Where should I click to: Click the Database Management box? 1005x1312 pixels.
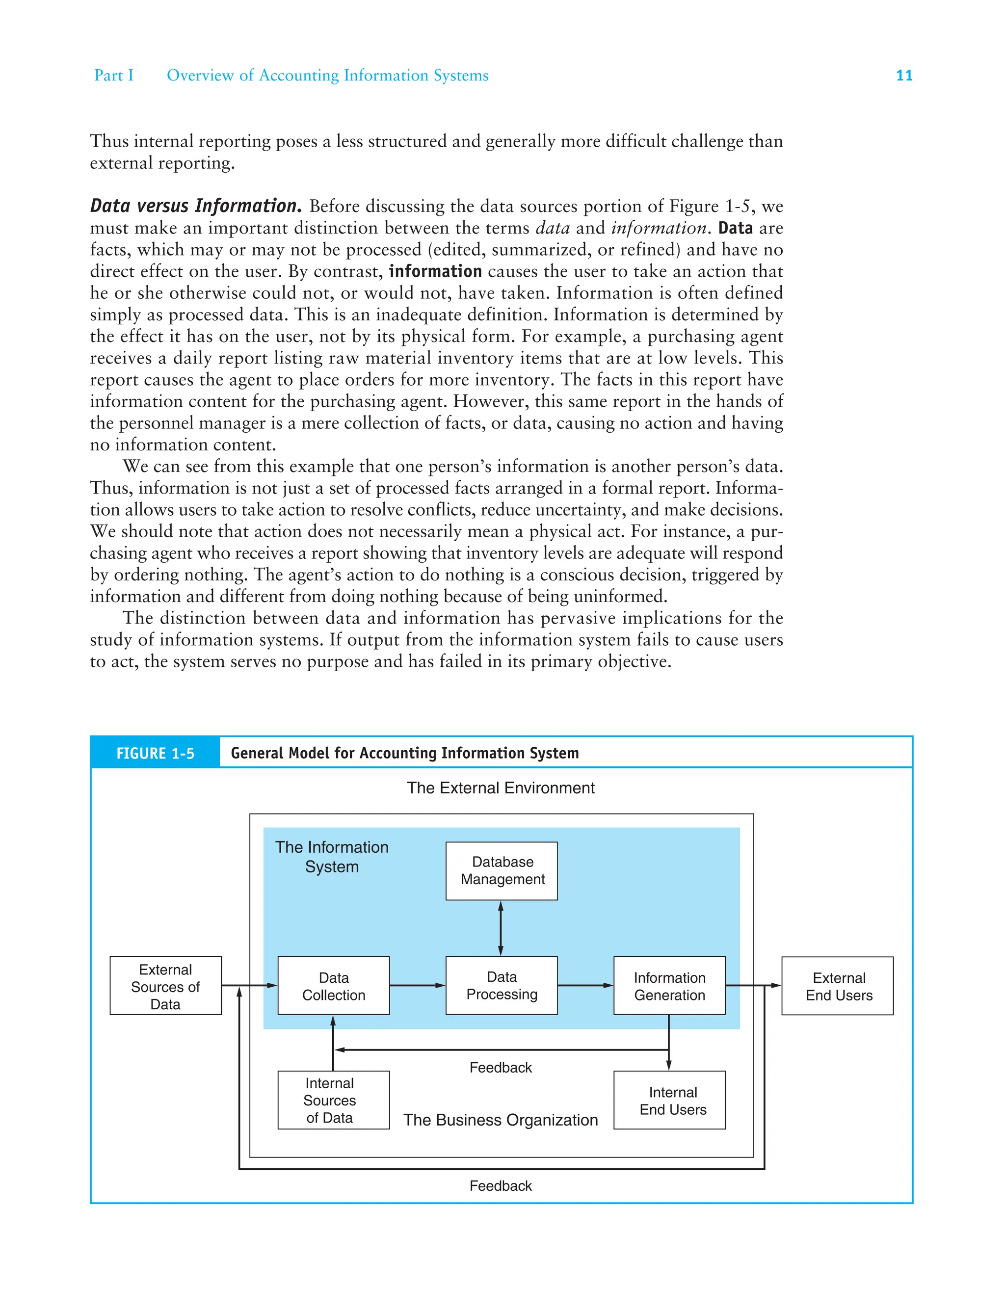pyautogui.click(x=502, y=871)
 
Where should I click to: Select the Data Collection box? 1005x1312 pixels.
pyautogui.click(x=333, y=986)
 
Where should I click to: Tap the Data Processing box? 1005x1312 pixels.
pyautogui.click(x=502, y=986)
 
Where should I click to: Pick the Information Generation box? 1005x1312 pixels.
pyautogui.click(x=669, y=986)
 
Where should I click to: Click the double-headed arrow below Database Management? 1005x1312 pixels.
pyautogui.click(x=501, y=928)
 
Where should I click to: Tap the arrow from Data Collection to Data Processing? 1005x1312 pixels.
pyautogui.click(x=417, y=986)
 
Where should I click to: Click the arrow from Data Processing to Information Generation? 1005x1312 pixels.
pyautogui.click(x=585, y=986)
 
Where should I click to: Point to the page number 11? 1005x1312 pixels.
pyautogui.click(x=903, y=76)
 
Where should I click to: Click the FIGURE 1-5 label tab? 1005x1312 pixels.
pyautogui.click(x=155, y=753)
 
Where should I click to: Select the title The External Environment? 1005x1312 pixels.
pyautogui.click(x=501, y=787)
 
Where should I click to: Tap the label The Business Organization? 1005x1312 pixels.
pyautogui.click(x=500, y=1120)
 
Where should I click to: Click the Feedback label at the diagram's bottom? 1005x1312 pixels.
pyautogui.click(x=500, y=1185)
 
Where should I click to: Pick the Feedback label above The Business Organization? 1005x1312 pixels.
pyautogui.click(x=500, y=1068)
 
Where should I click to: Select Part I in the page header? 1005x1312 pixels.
pyautogui.click(x=114, y=76)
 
